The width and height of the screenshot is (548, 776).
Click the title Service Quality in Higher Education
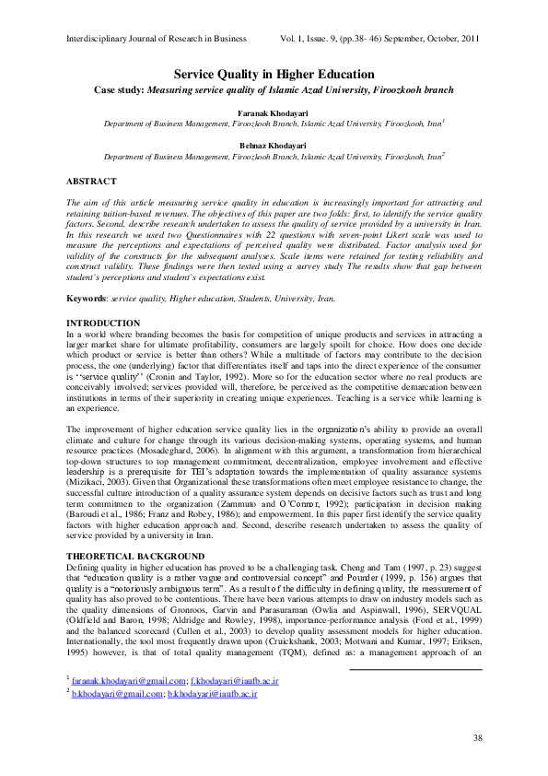click(x=274, y=74)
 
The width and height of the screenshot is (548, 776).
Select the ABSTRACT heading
click(x=92, y=182)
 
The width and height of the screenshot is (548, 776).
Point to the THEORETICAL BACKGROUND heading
click(x=135, y=556)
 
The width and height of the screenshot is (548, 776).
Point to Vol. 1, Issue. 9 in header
click(x=317, y=40)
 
